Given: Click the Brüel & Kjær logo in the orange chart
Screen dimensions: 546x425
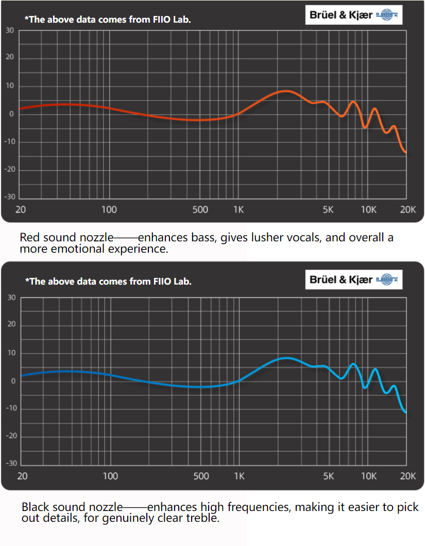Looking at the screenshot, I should tap(353, 15).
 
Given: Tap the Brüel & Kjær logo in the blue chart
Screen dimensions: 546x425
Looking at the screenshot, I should tap(353, 279).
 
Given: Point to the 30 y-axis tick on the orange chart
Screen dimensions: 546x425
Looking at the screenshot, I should tap(10, 30).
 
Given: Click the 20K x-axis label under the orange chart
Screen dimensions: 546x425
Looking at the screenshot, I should tap(408, 209).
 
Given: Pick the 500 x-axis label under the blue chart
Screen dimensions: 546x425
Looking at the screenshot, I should tap(201, 476).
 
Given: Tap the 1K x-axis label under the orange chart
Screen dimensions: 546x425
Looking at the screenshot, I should tap(238, 209).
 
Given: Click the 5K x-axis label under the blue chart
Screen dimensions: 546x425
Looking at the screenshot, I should tap(329, 476).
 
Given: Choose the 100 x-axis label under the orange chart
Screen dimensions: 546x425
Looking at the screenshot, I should tap(109, 209).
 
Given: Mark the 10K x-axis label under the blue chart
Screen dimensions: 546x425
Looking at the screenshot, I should tap(369, 476).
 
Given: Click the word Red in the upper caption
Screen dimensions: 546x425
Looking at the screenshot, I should tap(30, 238).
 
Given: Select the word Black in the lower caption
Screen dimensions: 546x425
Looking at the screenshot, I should tap(35, 507).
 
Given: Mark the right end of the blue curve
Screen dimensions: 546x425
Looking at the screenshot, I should tap(406, 412).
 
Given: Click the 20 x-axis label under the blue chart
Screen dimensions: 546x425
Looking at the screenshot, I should tap(22, 476).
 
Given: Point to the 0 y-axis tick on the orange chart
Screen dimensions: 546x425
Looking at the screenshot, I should tap(11, 114).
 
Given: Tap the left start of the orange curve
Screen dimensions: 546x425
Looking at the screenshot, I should tap(20, 109).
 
